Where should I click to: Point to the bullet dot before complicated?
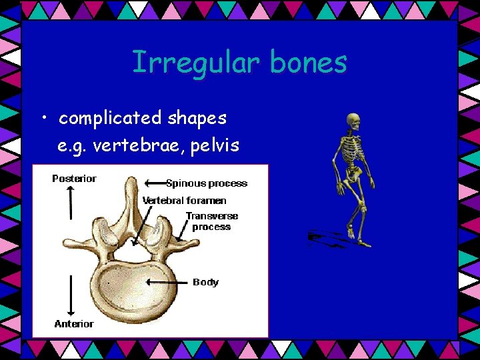[44, 119]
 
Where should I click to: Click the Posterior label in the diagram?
[74, 178]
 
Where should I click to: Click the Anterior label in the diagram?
[74, 324]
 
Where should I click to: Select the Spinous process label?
[207, 183]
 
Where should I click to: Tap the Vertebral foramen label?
[185, 200]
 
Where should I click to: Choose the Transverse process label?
[211, 221]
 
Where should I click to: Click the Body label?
[205, 282]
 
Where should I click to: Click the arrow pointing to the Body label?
[167, 282]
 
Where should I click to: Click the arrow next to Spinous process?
[155, 182]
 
